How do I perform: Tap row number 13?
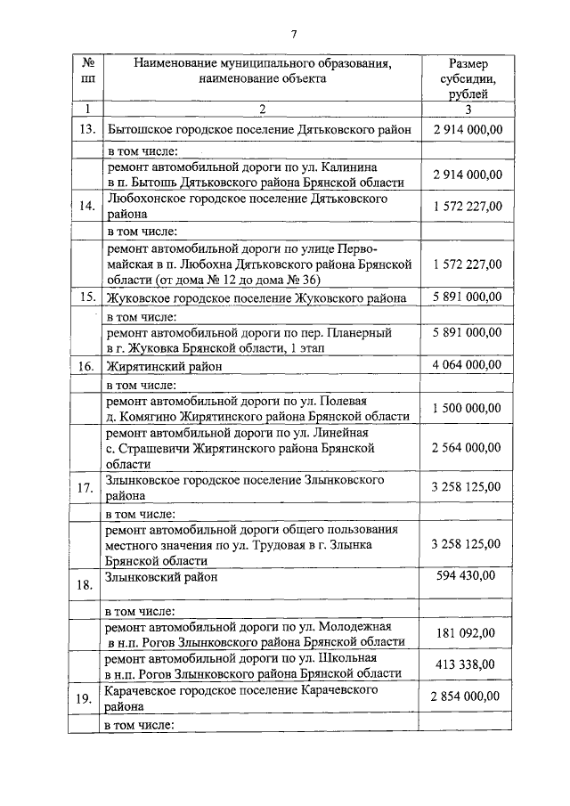click(x=87, y=130)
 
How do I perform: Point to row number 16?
click(x=87, y=366)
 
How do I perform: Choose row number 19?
click(x=87, y=699)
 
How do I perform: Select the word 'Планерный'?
click(x=362, y=332)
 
